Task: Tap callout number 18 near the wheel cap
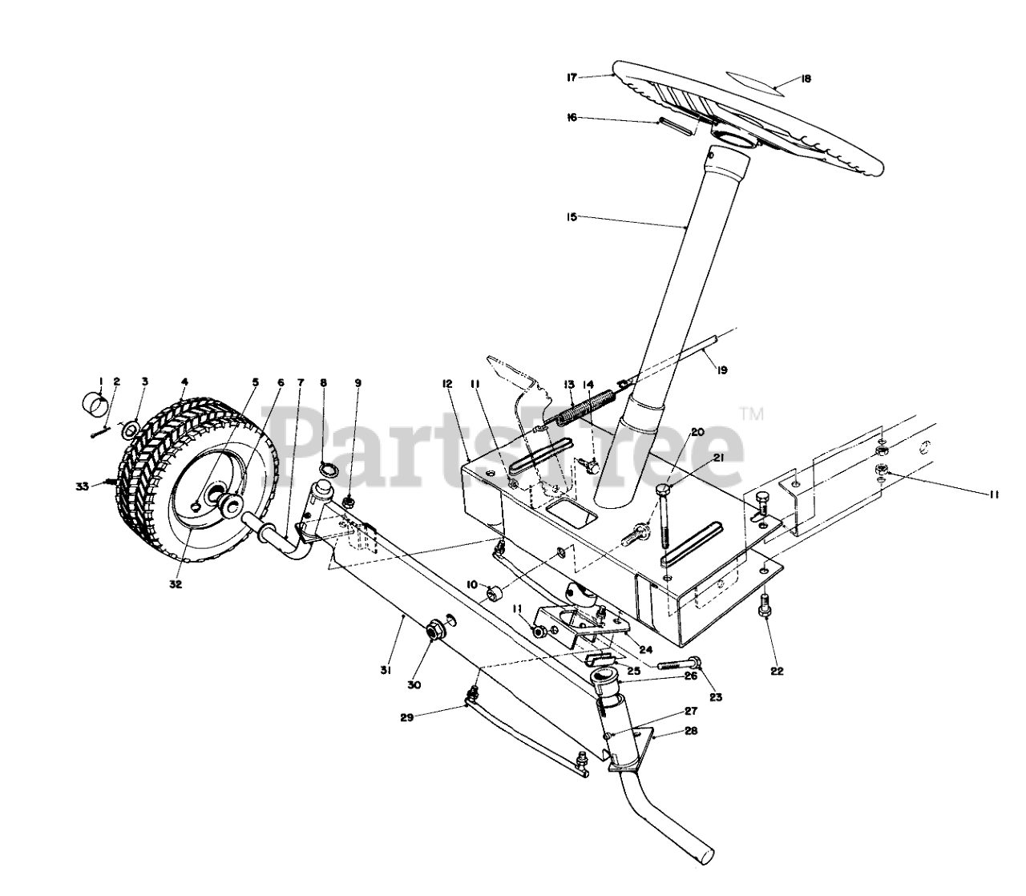pyautogui.click(x=806, y=79)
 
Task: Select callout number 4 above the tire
pyautogui.click(x=184, y=381)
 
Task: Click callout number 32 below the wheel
pyautogui.click(x=176, y=584)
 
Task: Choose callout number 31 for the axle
pyautogui.click(x=386, y=671)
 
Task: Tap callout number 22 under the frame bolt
pyautogui.click(x=777, y=671)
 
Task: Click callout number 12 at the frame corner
pyautogui.click(x=447, y=384)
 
